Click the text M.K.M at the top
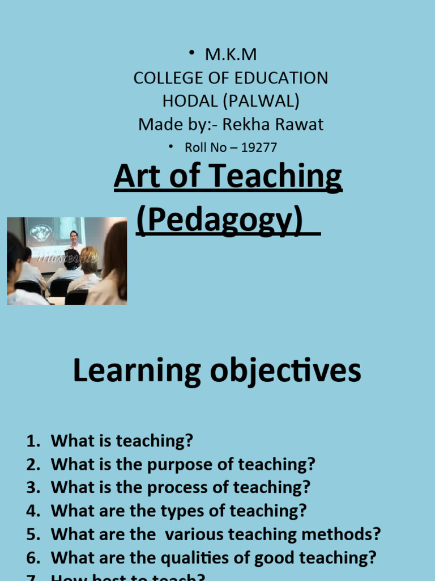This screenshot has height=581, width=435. coord(231,55)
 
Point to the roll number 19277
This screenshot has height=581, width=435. coord(259,148)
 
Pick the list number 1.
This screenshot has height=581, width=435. coord(33,440)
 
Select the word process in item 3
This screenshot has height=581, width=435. coord(178,487)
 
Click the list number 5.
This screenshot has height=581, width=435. coord(33,534)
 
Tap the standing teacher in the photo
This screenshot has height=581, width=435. coord(74,241)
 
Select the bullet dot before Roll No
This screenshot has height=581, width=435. coord(170,148)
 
